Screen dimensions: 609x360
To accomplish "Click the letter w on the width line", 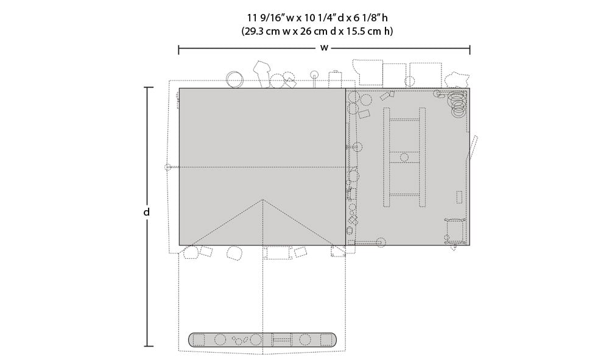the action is tap(324, 48).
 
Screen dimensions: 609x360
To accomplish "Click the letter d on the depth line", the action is tap(146, 212).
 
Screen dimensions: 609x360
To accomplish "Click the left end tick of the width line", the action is tap(178, 50).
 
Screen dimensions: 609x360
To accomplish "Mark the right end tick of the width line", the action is tap(470, 50).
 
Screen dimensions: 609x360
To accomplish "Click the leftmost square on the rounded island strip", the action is tap(199, 340).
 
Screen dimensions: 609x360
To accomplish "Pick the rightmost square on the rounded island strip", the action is tap(325, 340).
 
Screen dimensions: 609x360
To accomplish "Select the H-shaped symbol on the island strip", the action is tap(281, 340).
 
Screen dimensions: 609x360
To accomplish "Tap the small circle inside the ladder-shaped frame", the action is tap(404, 157).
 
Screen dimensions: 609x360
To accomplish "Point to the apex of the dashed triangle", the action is tap(262, 200).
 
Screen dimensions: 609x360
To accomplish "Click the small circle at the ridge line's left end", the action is tap(167, 167).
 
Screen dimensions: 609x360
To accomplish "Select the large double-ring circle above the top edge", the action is tap(234, 79).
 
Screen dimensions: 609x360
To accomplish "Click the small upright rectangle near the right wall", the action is tap(459, 197).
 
